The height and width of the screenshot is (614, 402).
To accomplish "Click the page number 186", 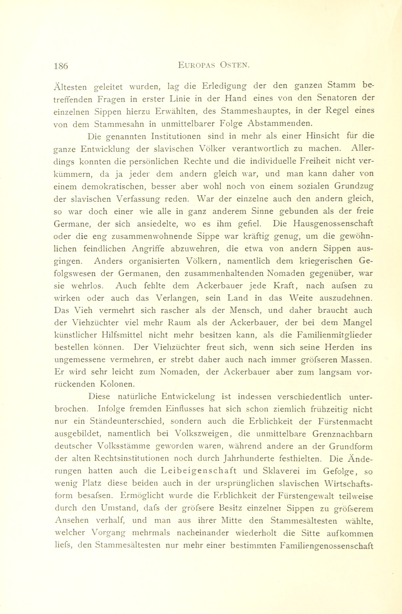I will [61, 66].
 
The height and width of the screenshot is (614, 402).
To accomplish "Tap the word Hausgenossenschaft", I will [333, 224].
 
